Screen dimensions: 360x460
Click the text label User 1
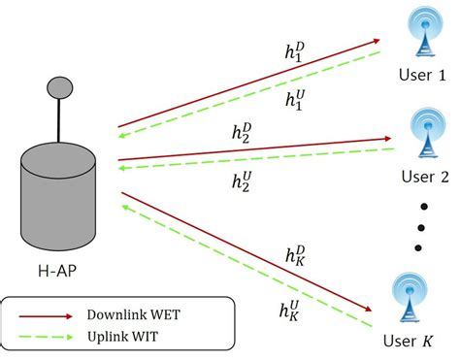[424, 76]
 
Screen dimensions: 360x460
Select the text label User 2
[424, 178]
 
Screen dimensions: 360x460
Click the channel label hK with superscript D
[296, 254]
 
